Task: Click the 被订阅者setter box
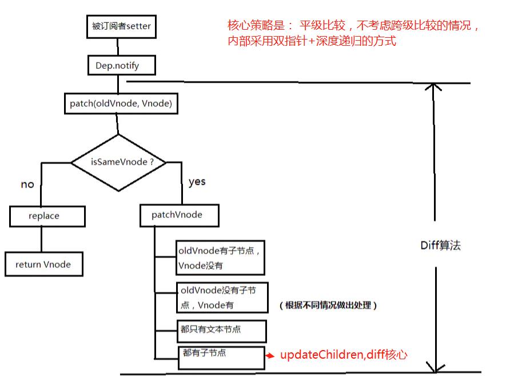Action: click(121, 26)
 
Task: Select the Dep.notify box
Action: click(121, 65)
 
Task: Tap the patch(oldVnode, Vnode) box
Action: click(121, 104)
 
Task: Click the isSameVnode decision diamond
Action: click(119, 163)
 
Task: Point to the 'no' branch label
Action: click(27, 184)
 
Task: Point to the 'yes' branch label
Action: click(197, 182)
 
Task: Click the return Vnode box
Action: click(43, 264)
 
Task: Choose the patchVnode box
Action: click(177, 215)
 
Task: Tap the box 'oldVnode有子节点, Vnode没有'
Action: click(220, 257)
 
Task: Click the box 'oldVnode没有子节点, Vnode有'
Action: click(222, 297)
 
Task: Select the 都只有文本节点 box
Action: click(221, 329)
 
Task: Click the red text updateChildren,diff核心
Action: click(344, 355)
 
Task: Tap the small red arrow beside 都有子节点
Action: click(271, 356)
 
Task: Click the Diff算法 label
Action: click(440, 246)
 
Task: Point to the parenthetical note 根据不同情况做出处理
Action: click(329, 305)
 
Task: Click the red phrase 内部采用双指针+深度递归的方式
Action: click(312, 41)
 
